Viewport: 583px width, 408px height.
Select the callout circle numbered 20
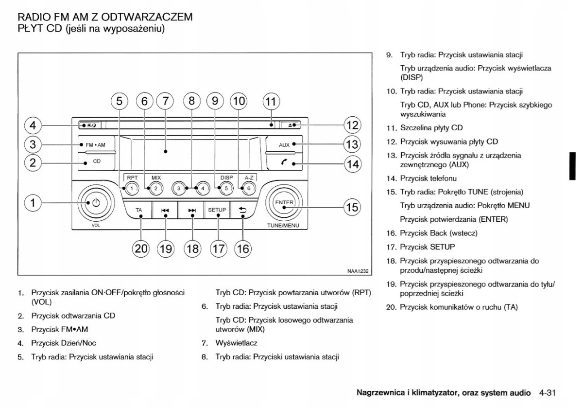pos(141,248)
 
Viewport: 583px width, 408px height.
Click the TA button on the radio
pos(139,210)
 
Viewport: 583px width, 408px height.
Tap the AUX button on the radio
pos(284,145)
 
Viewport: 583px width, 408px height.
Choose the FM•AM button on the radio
pos(95,145)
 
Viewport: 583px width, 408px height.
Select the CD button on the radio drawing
pos(96,161)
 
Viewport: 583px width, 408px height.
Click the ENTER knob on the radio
pos(284,203)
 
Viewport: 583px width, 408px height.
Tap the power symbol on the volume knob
pos(96,203)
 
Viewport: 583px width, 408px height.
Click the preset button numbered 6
pos(249,188)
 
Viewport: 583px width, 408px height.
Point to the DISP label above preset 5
pos(226,178)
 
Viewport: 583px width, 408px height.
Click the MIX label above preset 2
pos(156,178)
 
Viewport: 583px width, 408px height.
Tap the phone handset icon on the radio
pos(284,163)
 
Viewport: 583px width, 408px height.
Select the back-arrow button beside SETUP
pos(242,210)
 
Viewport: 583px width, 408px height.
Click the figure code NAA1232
pos(358,272)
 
